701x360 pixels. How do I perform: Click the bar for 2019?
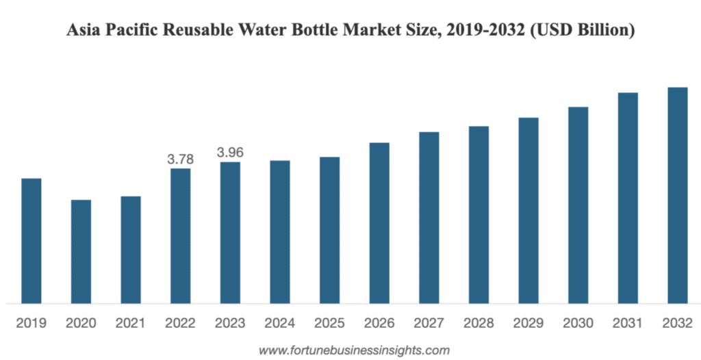pyautogui.click(x=31, y=240)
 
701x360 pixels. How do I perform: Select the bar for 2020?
pyautogui.click(x=81, y=251)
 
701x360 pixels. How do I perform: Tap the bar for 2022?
pyautogui.click(x=181, y=235)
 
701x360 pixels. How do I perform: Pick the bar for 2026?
pyautogui.click(x=379, y=222)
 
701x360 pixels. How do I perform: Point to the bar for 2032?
pyautogui.click(x=678, y=195)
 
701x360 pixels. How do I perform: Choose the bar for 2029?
pyautogui.click(x=528, y=210)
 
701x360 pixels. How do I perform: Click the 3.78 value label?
pyautogui.click(x=181, y=159)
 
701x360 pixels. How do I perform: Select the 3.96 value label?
pyautogui.click(x=231, y=153)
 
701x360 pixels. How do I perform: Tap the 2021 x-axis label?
pyautogui.click(x=131, y=322)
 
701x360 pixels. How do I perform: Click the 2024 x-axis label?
pyautogui.click(x=280, y=322)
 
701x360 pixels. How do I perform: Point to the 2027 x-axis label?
pyautogui.click(x=429, y=322)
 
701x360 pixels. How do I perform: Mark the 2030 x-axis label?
pyautogui.click(x=578, y=322)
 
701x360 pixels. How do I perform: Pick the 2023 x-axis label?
pyautogui.click(x=231, y=322)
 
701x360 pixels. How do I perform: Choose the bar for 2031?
pyautogui.click(x=628, y=198)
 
